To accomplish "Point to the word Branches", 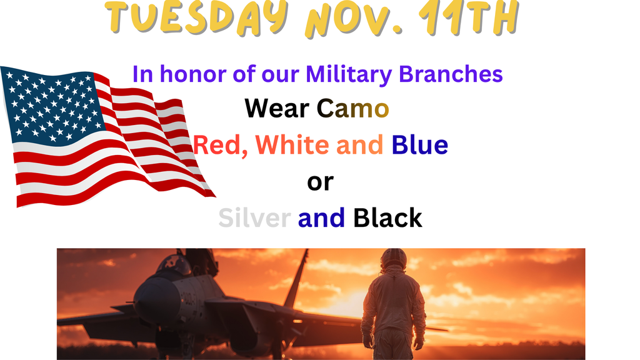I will point(451,74).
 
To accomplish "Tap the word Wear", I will point(277,109).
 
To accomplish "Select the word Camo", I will point(352,109).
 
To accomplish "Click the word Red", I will point(219,146).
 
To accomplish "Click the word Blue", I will point(420,146).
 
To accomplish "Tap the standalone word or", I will point(320,182).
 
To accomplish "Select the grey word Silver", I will point(254,218).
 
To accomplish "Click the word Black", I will point(387,218).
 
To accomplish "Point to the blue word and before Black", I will point(321,218).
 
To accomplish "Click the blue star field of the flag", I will point(50,103).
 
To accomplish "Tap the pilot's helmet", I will point(393,259).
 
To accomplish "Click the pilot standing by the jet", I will point(393,306).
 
